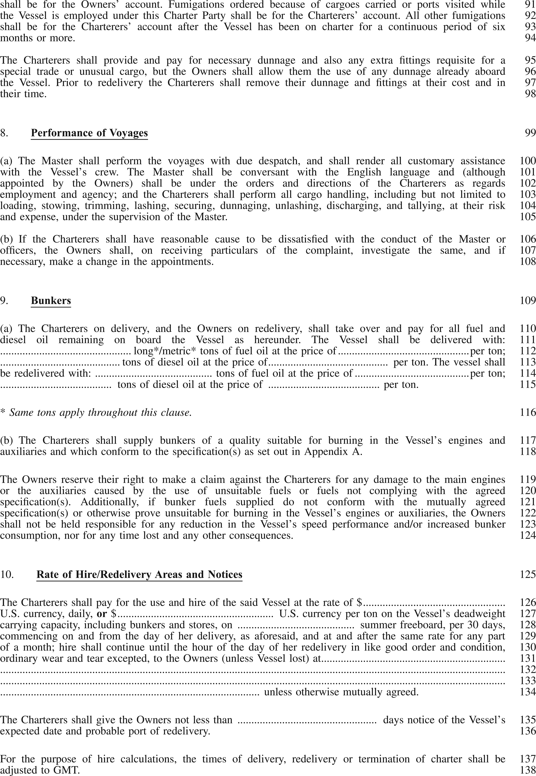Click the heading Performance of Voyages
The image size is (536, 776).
click(89, 133)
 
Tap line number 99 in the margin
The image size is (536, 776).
click(530, 133)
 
